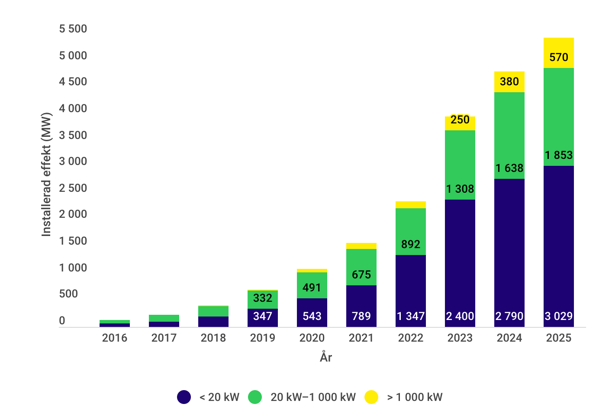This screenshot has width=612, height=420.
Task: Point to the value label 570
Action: [558, 57]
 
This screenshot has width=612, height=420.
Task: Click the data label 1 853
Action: [558, 155]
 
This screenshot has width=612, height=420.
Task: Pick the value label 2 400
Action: [460, 316]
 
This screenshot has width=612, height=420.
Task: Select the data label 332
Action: [262, 298]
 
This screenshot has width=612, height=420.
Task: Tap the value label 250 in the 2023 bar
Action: [460, 120]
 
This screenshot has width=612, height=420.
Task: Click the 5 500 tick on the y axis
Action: [73, 29]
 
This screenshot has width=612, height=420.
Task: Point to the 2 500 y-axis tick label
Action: [73, 188]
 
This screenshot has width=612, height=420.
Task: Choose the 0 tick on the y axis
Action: [62, 321]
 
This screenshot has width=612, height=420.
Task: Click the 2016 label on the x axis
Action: [114, 338]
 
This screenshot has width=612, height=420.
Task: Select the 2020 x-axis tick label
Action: [312, 338]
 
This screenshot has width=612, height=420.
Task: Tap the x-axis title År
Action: [326, 357]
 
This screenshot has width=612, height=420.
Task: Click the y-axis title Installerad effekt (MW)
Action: [46, 174]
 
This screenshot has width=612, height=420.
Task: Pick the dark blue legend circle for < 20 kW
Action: [184, 397]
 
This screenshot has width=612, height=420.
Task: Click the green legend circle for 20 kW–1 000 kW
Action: [255, 397]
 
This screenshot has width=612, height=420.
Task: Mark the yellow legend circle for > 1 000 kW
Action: [371, 397]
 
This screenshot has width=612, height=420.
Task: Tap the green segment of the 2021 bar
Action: [361, 262]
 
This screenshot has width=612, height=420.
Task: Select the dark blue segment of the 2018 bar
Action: [213, 322]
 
